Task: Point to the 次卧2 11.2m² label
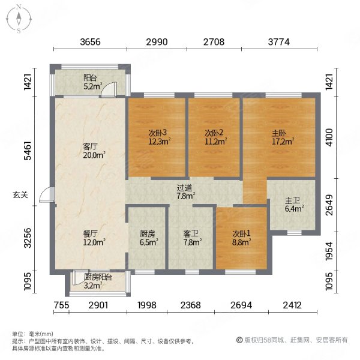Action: point(215,137)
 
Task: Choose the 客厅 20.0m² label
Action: point(93,149)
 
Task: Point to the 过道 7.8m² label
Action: point(185,191)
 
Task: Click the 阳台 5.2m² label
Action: point(91,82)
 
